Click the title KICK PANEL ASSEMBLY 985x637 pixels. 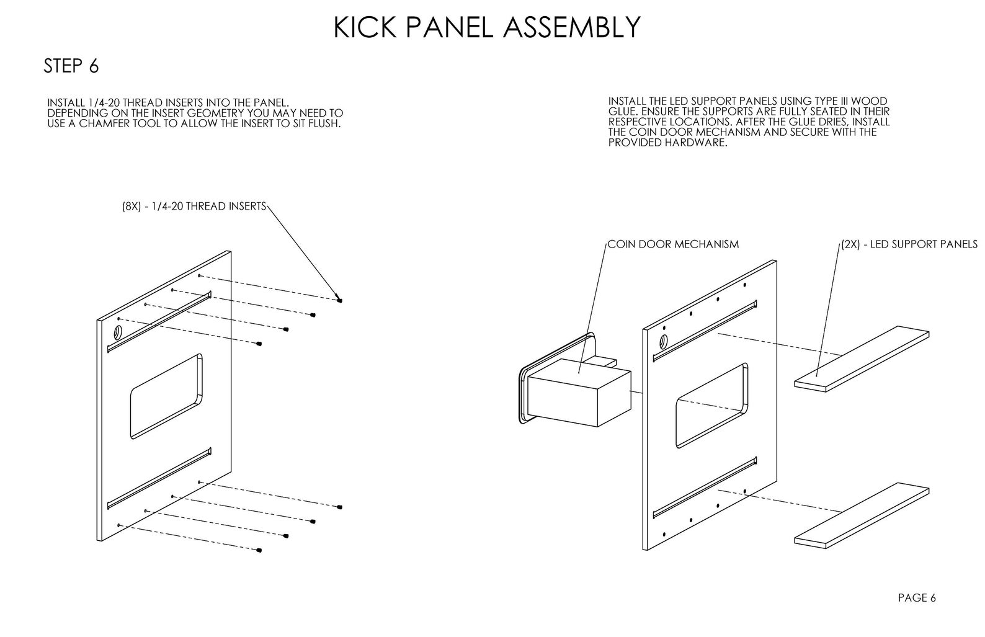click(487, 28)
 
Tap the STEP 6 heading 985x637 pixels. click(71, 66)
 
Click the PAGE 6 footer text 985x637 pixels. click(917, 598)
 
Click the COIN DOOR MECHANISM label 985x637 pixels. click(673, 244)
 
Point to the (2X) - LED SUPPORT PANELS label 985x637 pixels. click(909, 244)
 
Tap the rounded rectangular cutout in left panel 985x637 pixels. click(166, 396)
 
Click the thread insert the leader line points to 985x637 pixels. click(340, 300)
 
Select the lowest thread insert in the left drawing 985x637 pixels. click(259, 550)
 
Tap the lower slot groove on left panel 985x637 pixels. click(159, 477)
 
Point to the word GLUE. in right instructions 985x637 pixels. click(622, 111)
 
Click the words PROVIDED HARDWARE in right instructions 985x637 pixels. click(667, 142)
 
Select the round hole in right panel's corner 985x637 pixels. click(663, 341)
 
